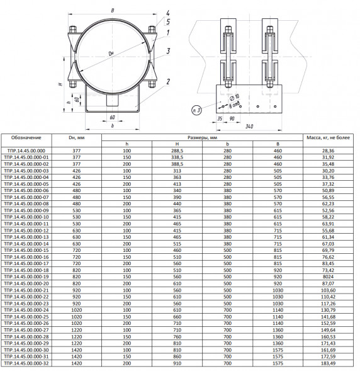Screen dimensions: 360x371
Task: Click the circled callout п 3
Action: point(196,110)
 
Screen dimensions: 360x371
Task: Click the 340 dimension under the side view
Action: point(249,127)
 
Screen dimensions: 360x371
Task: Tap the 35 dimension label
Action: point(220,118)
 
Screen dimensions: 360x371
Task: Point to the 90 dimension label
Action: point(232,118)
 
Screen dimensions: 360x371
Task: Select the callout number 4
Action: point(167,13)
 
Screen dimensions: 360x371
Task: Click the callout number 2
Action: point(168,82)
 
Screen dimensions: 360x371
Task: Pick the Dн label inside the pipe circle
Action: point(111,54)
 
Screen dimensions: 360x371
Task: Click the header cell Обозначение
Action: point(26,138)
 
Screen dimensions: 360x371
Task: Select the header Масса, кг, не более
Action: point(328,138)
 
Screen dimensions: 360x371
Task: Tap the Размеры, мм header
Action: point(202,138)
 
